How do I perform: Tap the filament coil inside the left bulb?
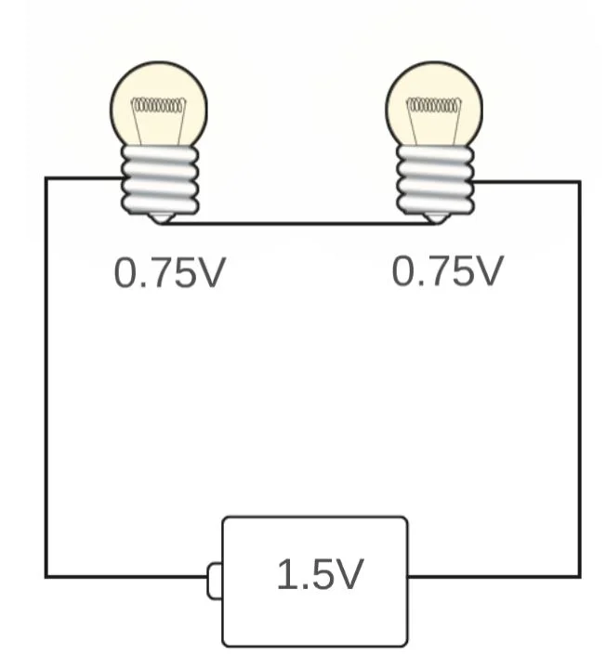click(x=158, y=105)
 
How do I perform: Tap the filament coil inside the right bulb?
click(x=433, y=105)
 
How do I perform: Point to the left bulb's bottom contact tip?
click(x=162, y=217)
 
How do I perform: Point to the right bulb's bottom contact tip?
click(x=434, y=217)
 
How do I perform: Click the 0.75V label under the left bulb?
click(x=169, y=273)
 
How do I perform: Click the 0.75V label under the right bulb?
click(x=447, y=271)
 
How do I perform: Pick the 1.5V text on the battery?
click(x=319, y=576)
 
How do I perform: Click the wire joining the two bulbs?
click(x=297, y=223)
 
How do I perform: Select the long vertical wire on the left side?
click(x=46, y=372)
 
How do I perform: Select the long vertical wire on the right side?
click(x=580, y=372)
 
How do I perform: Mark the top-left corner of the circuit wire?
click(x=46, y=178)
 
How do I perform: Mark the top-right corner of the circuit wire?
click(x=580, y=182)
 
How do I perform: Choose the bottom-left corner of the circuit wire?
click(x=46, y=576)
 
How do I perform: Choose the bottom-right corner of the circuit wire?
click(x=580, y=576)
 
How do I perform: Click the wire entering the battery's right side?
click(x=493, y=576)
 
